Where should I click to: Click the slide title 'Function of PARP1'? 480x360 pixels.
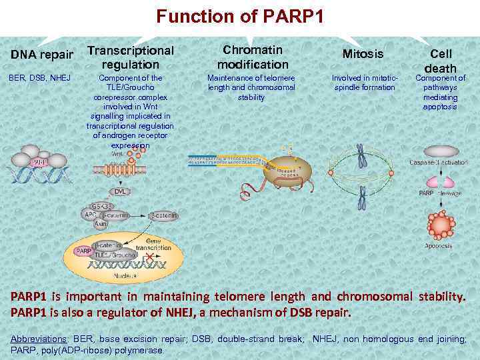[240, 16]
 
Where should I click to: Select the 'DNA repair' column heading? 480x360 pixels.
[41, 54]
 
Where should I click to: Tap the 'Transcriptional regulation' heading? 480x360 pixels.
[131, 57]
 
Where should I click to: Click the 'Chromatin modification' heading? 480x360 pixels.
[253, 57]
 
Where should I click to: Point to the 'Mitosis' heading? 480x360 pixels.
[363, 53]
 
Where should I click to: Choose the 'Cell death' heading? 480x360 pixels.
[440, 61]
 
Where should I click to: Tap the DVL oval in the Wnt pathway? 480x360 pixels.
[120, 191]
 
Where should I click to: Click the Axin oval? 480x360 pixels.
[101, 225]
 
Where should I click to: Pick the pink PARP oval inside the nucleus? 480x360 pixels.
[84, 251]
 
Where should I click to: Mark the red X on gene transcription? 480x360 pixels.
[157, 256]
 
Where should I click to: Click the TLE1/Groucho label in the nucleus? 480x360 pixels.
[115, 255]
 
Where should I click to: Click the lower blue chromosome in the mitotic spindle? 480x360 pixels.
[362, 197]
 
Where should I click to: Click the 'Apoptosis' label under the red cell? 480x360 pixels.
[439, 246]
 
